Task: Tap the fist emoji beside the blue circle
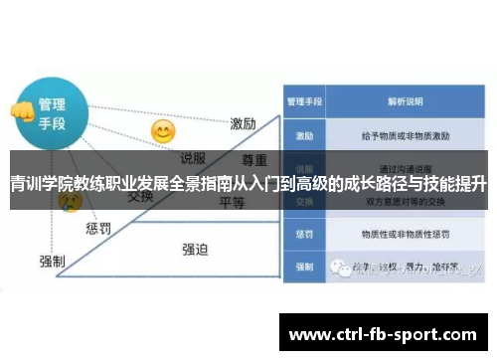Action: (20, 110)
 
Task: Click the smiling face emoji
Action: (162, 130)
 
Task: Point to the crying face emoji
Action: (70, 202)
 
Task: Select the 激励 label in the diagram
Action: (245, 124)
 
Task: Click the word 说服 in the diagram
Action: (192, 156)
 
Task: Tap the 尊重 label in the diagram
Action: (254, 160)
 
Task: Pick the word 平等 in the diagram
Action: (232, 202)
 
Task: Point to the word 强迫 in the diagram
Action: (195, 249)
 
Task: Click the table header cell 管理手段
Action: (303, 101)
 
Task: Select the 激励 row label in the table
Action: (303, 133)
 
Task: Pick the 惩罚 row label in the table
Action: (303, 235)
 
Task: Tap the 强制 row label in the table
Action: (303, 268)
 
